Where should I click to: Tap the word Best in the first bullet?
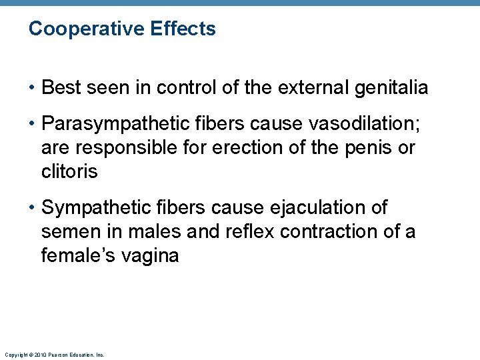click(62, 87)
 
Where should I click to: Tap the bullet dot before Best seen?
click(33, 87)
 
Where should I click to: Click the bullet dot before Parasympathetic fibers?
click(33, 123)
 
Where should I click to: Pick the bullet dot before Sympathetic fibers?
click(33, 208)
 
